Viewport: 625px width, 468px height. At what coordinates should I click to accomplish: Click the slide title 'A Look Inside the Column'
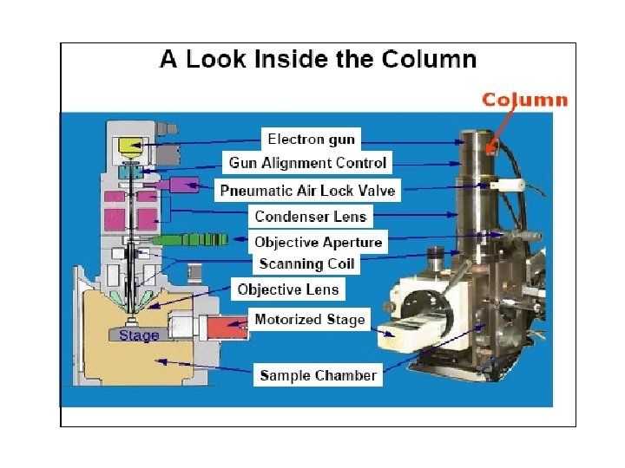click(318, 60)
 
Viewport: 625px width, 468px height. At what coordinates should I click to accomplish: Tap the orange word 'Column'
click(525, 100)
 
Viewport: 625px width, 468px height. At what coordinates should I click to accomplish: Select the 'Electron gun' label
click(311, 139)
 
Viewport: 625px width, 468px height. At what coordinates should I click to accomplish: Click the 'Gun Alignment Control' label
click(307, 162)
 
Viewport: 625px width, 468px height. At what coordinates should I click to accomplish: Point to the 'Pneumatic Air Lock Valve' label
click(307, 190)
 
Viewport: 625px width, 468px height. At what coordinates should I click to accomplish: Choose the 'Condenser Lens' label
click(311, 216)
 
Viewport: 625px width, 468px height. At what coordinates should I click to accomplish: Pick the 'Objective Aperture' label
click(318, 242)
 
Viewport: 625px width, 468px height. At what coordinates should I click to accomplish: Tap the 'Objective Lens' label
click(288, 289)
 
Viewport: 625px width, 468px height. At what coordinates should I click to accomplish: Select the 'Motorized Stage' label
click(310, 319)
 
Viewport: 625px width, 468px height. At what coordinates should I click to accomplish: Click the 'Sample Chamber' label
click(319, 375)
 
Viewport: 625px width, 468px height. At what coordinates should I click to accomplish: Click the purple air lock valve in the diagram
click(183, 185)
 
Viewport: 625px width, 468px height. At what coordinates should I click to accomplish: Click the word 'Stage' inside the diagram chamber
click(139, 335)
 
